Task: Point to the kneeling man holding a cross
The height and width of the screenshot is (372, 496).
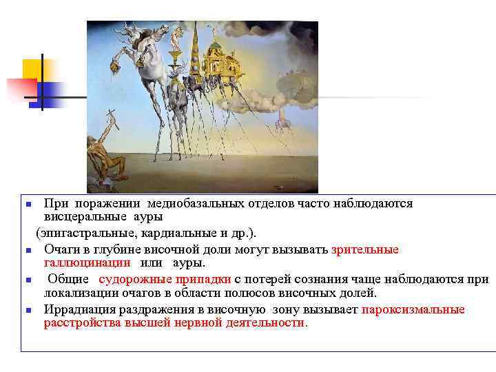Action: pos(107,155)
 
